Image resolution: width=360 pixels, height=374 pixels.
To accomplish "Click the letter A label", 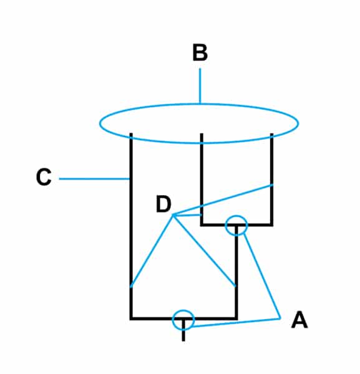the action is coord(299,320).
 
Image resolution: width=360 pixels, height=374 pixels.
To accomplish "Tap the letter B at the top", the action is coord(200,52).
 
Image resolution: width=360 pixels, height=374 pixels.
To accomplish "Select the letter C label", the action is coord(44,177).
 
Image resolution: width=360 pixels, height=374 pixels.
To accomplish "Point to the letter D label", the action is coord(163,204).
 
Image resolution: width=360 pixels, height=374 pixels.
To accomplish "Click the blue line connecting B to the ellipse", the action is coord(200,86).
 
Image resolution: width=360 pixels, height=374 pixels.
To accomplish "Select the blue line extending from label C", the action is coord(94,179).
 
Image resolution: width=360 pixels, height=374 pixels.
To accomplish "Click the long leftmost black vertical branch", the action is coord(131,227).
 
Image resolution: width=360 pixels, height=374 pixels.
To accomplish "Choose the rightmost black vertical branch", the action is coord(271,180).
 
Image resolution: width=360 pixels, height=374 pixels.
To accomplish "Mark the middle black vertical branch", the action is coord(202,180).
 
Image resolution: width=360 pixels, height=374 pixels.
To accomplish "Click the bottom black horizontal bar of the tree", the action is coord(183,319).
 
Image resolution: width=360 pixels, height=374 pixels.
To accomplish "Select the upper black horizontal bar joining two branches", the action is coord(236,224).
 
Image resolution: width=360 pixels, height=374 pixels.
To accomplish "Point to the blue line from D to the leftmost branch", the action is coord(152,251).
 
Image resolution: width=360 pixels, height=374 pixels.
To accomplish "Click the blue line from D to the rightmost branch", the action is coord(223,199).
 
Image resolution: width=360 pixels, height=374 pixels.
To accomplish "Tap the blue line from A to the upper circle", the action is coord(262,276).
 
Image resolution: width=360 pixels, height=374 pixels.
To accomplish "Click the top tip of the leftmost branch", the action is coord(131,133).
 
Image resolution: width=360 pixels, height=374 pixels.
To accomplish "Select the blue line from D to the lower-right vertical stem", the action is coord(205,251).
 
